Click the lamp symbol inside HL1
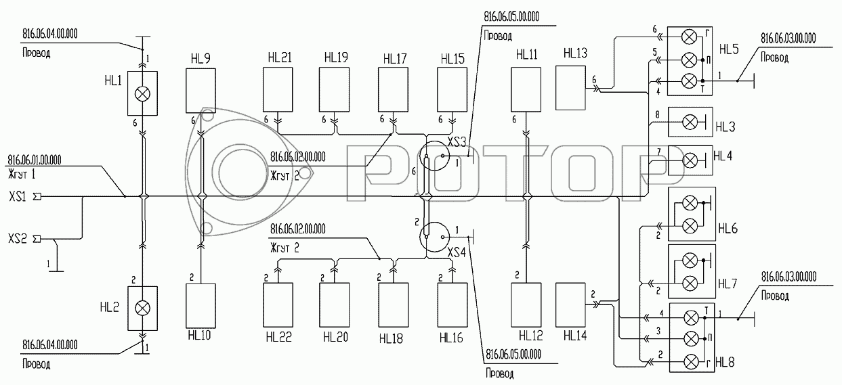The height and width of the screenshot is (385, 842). pyautogui.click(x=142, y=94)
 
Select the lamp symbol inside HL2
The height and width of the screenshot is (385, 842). pyautogui.click(x=142, y=308)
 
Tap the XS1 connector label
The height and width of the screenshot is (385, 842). pyautogui.click(x=18, y=196)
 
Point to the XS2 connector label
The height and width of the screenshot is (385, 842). pyautogui.click(x=18, y=239)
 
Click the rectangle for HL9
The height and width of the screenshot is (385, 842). pyautogui.click(x=201, y=91)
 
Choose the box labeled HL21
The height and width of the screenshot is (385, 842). pyautogui.click(x=278, y=89)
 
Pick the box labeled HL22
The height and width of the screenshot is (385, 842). pyautogui.click(x=278, y=305)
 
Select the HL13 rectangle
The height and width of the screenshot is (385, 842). pyautogui.click(x=570, y=88)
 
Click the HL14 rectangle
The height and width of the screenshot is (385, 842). pyautogui.click(x=570, y=304)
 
